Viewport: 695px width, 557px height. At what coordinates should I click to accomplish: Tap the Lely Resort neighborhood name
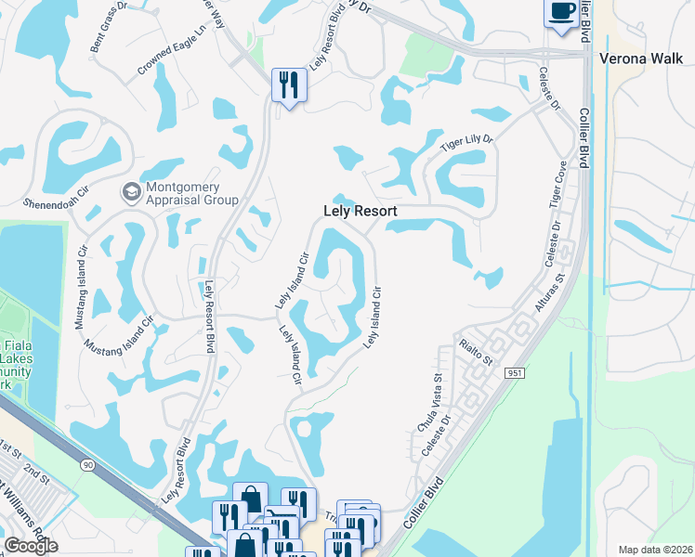point(360,212)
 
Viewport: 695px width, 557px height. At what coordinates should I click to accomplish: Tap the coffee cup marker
point(560,13)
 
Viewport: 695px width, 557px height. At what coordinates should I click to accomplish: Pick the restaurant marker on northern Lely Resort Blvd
point(287,86)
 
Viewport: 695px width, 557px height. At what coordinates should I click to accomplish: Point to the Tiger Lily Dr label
point(466,143)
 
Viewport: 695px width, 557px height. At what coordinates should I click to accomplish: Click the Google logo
point(31,546)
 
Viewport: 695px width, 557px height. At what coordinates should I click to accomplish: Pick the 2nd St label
point(36,473)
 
